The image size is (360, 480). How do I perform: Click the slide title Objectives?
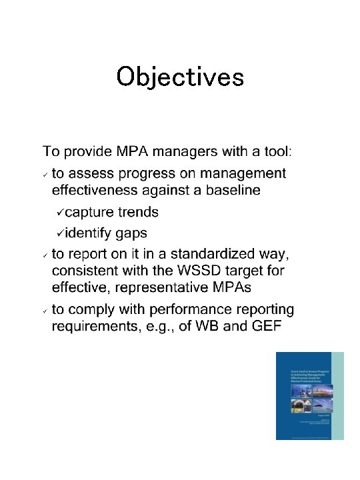coord(180,77)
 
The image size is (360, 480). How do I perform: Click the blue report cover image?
coord(310,395)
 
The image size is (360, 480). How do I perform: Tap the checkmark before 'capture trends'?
coord(60,212)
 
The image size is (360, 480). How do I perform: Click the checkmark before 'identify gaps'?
coord(60,233)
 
